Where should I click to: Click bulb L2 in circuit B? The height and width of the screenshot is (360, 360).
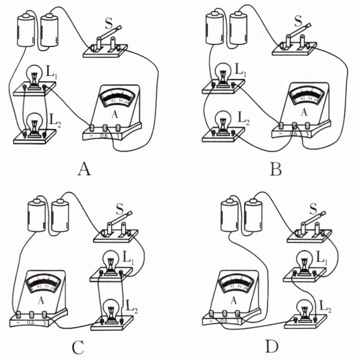pyautogui.click(x=223, y=120)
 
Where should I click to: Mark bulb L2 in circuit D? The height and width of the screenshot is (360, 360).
pyautogui.click(x=304, y=308)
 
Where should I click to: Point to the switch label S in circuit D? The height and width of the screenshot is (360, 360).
pyautogui.click(x=313, y=208)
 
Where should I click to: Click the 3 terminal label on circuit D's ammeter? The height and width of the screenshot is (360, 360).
pyautogui.click(x=238, y=320)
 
